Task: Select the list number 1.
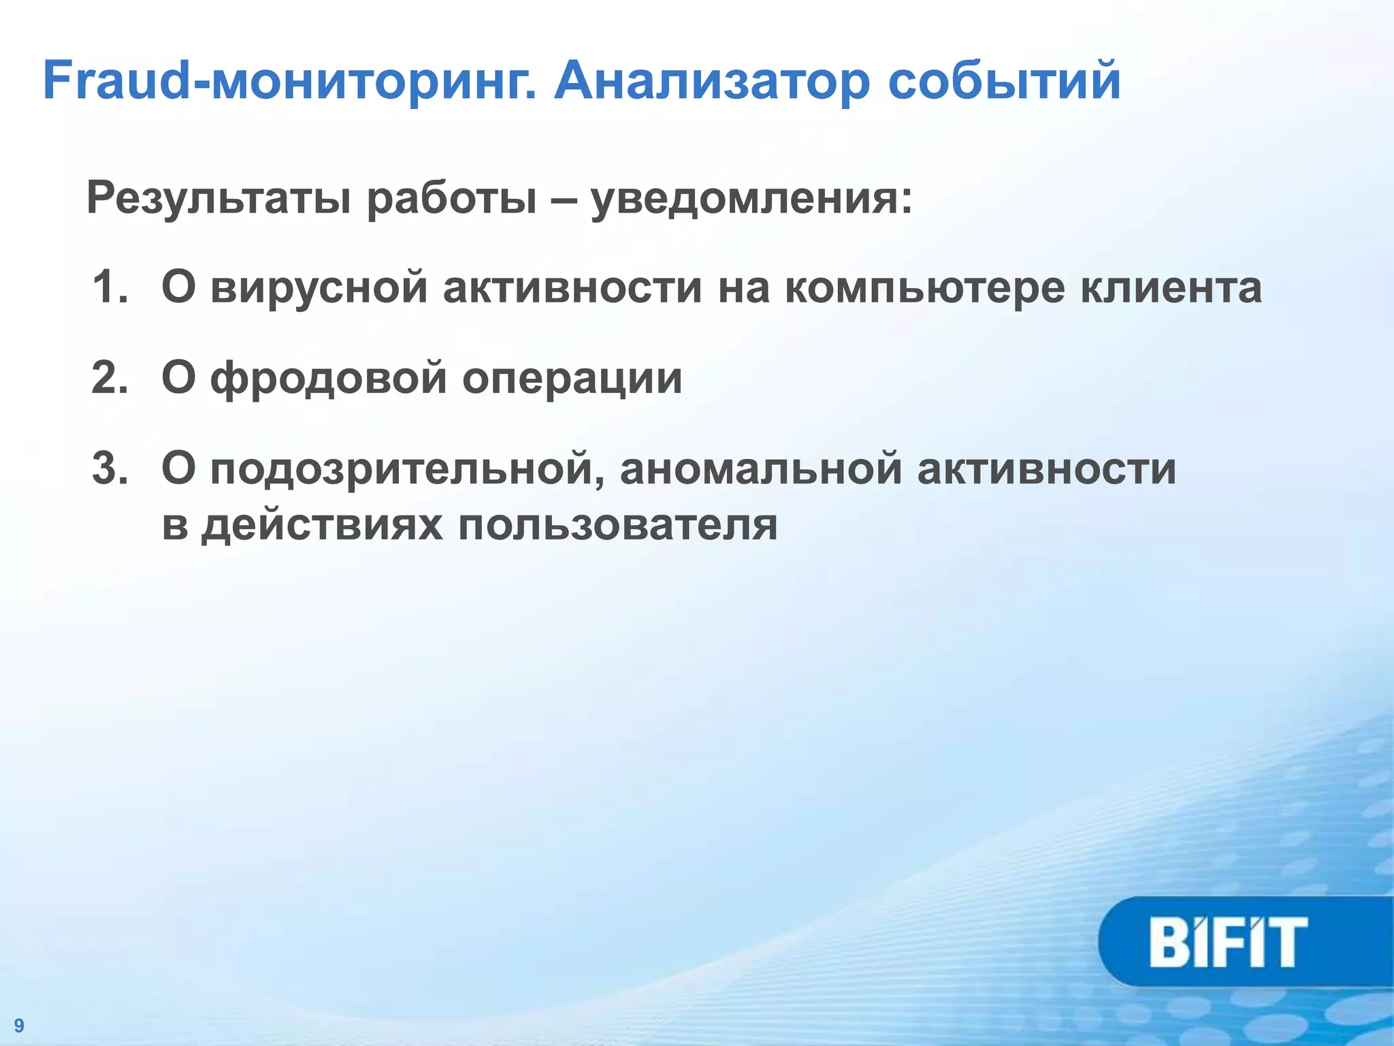(x=109, y=287)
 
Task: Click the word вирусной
(x=319, y=287)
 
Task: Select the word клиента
(x=1171, y=287)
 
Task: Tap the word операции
(x=572, y=379)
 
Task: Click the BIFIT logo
(x=1229, y=942)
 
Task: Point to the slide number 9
(x=19, y=1026)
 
